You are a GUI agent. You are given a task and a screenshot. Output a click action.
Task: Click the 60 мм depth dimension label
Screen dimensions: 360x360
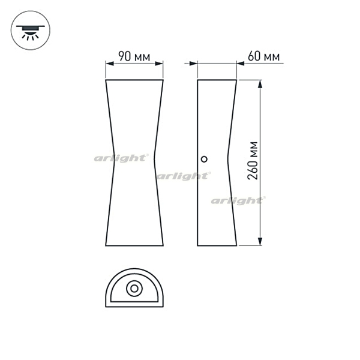[263, 57]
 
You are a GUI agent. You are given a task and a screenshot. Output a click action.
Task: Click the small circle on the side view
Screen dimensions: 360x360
[204, 159]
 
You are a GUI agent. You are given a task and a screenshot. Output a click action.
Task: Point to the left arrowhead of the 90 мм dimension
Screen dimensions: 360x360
[108, 64]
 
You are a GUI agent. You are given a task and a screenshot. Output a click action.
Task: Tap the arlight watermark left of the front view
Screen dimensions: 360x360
[121, 158]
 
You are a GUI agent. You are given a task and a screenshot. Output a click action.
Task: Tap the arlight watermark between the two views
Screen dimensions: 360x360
[183, 176]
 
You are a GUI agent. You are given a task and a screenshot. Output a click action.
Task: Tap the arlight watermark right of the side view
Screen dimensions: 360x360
[237, 200]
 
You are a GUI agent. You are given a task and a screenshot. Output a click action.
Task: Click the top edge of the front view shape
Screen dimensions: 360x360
[134, 79]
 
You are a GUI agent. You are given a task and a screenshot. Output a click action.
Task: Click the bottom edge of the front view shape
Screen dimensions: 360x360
[134, 246]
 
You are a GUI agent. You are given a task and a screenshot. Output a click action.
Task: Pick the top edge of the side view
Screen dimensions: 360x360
[217, 79]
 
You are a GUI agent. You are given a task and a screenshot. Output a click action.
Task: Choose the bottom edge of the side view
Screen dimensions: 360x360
[217, 246]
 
